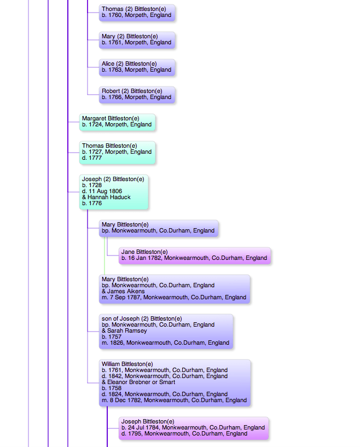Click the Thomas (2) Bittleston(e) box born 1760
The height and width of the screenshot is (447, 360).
click(137, 13)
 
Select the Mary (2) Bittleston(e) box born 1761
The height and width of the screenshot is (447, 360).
click(137, 40)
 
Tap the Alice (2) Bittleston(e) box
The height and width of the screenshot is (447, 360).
click(137, 67)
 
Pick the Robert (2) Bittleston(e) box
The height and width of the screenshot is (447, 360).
click(137, 95)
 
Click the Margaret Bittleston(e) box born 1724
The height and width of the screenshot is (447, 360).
click(117, 122)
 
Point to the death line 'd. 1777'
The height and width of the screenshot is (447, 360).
click(92, 158)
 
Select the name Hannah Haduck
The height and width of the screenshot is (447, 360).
click(109, 198)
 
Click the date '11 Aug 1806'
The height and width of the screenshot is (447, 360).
click(105, 191)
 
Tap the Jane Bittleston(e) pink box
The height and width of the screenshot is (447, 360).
click(195, 256)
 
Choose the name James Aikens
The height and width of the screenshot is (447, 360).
click(126, 292)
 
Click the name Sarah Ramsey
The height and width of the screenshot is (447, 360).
click(127, 330)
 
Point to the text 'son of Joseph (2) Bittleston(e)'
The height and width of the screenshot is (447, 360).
click(142, 319)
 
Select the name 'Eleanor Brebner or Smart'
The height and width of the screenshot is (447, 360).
click(141, 382)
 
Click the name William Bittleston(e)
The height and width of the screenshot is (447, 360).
click(127, 364)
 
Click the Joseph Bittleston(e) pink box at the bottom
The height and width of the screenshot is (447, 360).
click(194, 428)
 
